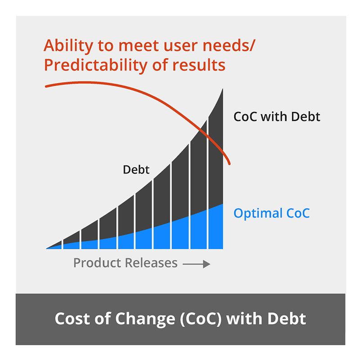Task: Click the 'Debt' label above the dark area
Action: click(x=136, y=170)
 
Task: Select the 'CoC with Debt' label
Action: click(x=277, y=117)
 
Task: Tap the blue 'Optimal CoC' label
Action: click(x=271, y=213)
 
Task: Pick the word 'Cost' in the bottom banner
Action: click(x=72, y=319)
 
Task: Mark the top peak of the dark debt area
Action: click(x=223, y=89)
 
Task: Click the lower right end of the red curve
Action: click(x=230, y=164)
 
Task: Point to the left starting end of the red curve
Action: click(x=46, y=86)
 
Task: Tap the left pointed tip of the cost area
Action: click(x=47, y=248)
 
